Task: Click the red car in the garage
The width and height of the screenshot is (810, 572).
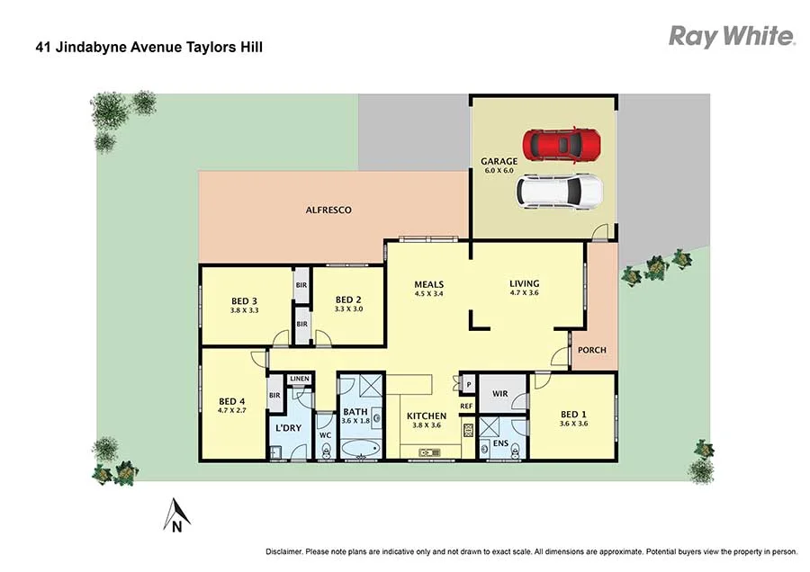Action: (562, 143)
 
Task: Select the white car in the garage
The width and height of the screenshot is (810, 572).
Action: (558, 190)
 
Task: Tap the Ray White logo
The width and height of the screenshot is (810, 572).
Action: (731, 36)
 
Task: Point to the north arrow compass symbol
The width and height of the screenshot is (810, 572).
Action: (177, 515)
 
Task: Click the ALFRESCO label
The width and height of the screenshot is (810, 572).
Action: (328, 210)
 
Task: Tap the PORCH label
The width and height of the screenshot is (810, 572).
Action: (592, 350)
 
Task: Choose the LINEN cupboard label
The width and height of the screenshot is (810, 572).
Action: (300, 379)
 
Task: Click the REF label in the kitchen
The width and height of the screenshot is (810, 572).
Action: (466, 406)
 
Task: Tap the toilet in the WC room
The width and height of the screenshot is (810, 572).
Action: (325, 449)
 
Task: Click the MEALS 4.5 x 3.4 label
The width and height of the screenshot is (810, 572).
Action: (428, 288)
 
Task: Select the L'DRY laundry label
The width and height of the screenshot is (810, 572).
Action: (288, 428)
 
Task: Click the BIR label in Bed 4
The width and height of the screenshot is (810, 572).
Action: (274, 394)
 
